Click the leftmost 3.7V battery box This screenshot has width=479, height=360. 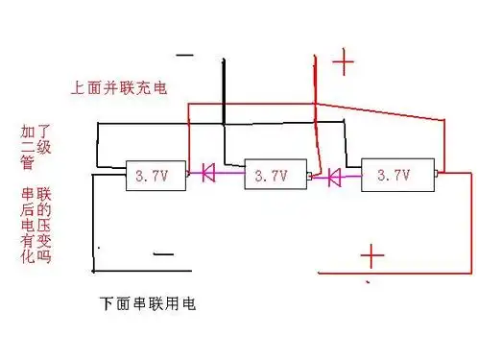pos(154,176)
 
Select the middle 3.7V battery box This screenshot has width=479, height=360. pos(273,176)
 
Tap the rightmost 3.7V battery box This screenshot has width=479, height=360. pos(397,176)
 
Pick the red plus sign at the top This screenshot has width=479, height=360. pos(343,63)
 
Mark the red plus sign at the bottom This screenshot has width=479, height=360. pos(371,256)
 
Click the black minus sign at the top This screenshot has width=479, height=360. pos(184,55)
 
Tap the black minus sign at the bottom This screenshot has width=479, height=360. pos(163,254)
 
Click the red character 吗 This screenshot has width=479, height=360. pos(43,257)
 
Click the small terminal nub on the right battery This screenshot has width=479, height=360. pos(437,175)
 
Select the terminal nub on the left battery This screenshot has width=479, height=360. pos(188,174)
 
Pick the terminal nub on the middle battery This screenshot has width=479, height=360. pos(307,178)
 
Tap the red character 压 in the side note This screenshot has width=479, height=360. pos(43,227)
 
